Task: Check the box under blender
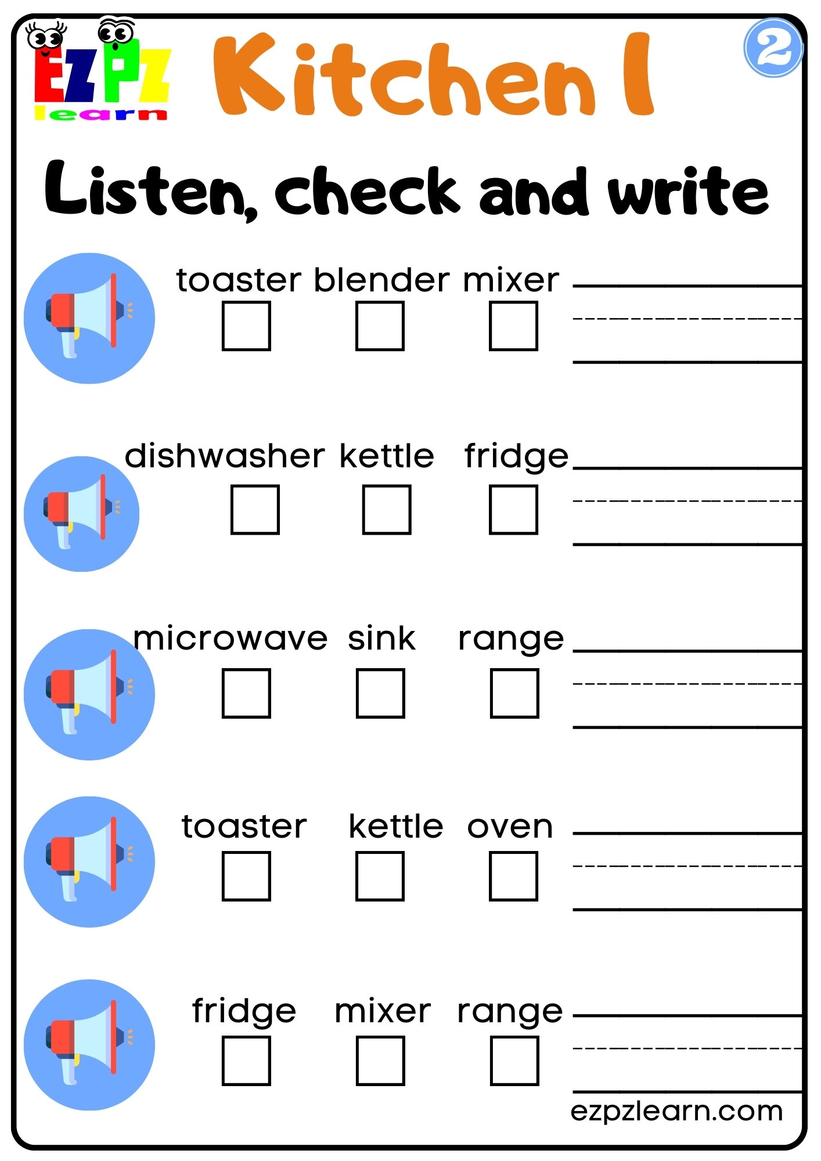coord(380,326)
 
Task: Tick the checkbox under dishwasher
coord(255,509)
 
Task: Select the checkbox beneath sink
coord(380,693)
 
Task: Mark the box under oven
coord(513,876)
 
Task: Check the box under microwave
coord(246,693)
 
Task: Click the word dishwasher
coord(224,456)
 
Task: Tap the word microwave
coord(231,639)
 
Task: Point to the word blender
coord(381,280)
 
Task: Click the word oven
coord(510,827)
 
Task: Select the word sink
coord(381,639)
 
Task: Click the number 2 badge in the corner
coord(773,48)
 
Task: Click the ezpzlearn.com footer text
coord(676,1111)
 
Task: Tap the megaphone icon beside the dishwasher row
coord(81,514)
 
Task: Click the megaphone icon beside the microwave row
coord(89,694)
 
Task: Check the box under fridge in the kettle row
coord(513,509)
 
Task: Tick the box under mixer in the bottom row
coord(380,1061)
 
